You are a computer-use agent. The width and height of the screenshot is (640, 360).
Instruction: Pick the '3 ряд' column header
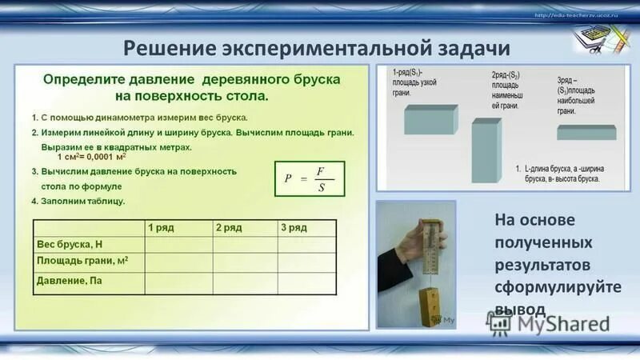click(x=294, y=228)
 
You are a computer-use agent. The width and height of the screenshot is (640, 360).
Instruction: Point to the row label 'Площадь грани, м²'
click(x=84, y=262)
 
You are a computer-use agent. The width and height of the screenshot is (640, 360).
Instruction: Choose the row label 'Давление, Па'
click(x=70, y=282)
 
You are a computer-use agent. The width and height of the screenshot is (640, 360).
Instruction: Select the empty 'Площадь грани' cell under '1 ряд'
click(x=178, y=263)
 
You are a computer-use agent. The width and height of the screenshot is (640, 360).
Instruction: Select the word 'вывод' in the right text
click(x=521, y=309)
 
